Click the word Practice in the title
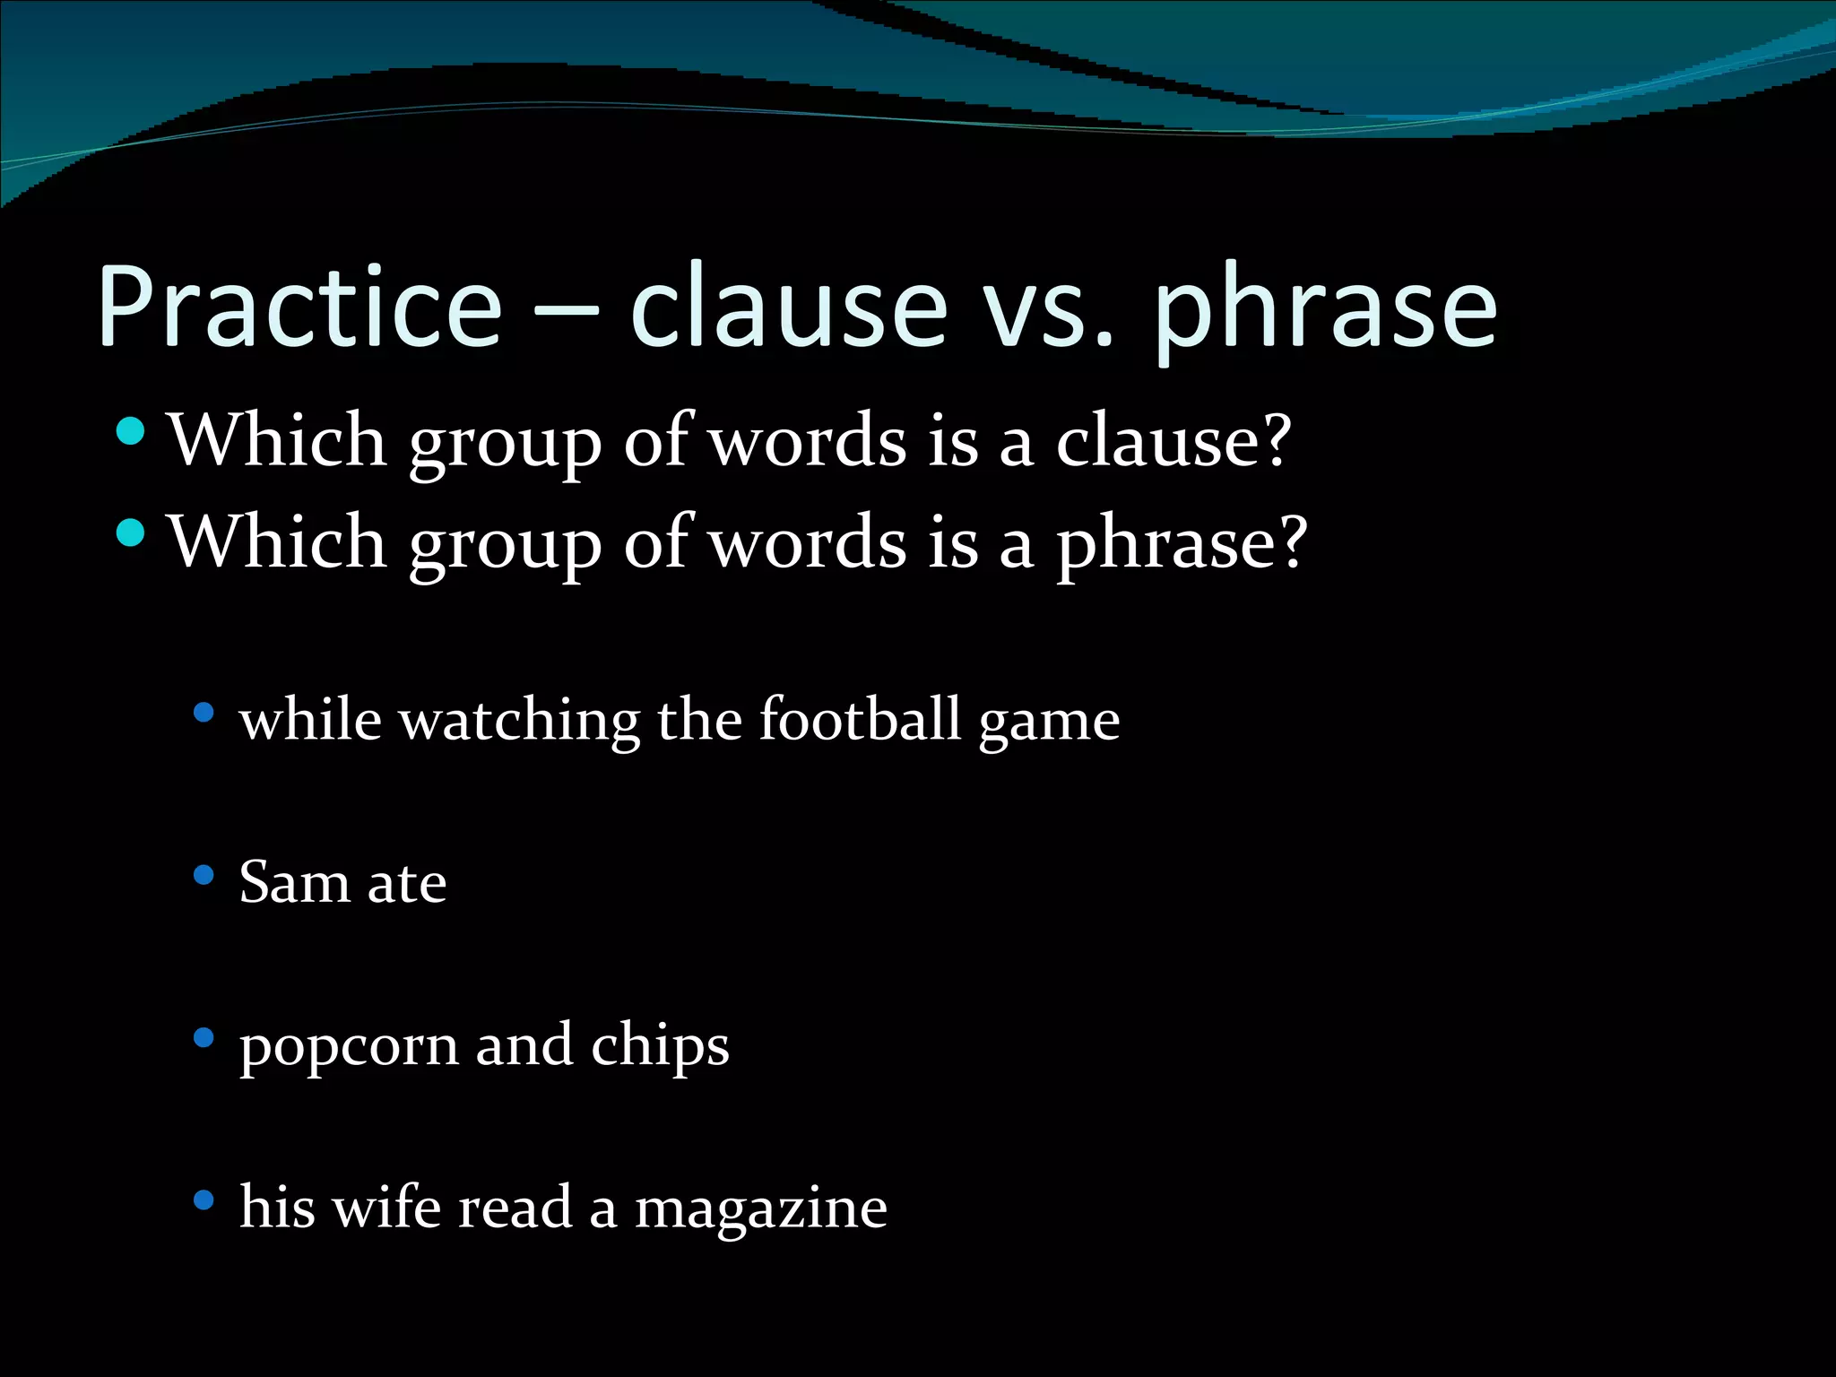[299, 307]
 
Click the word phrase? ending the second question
[1182, 543]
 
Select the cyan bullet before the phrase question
[131, 533]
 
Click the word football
[860, 719]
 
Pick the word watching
[520, 719]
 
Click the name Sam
[294, 882]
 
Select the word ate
[407, 884]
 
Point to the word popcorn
[349, 1047]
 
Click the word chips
[660, 1045]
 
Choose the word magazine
[761, 1208]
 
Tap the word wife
[385, 1207]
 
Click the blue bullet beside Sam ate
[204, 875]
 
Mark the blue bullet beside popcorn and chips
[204, 1038]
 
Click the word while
[310, 719]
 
